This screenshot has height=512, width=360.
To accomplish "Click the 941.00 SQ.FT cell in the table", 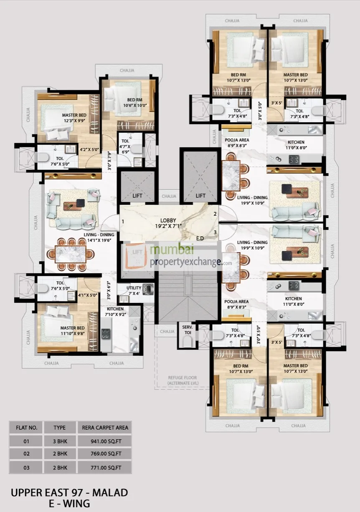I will (x=105, y=440).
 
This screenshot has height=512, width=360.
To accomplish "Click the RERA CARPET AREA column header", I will (x=105, y=427).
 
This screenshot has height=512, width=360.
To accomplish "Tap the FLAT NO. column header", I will (x=27, y=427).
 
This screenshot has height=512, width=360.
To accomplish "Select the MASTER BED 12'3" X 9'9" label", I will (x=74, y=118).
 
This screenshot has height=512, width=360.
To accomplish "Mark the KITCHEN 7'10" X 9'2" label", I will (x=114, y=312).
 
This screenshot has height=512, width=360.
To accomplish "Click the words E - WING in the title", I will (x=69, y=503).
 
